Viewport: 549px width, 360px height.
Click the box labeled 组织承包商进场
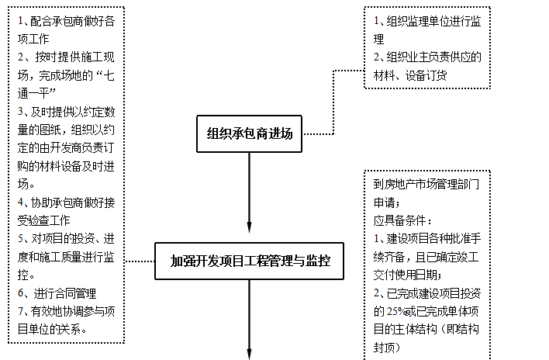tap(250, 133)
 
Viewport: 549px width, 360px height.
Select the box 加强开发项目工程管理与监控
tap(250, 261)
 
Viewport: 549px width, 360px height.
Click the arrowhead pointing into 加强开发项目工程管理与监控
tap(250, 230)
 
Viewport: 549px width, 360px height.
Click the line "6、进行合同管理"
tap(57, 292)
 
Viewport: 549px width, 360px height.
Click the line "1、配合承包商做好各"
tap(67, 20)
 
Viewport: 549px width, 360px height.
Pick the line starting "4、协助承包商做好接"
tap(67, 202)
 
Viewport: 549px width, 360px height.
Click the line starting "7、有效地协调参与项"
tap(67, 310)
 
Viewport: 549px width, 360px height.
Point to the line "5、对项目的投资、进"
tap(67, 238)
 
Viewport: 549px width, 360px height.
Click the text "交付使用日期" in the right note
tap(406, 275)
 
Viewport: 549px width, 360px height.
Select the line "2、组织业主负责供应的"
tap(427, 57)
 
